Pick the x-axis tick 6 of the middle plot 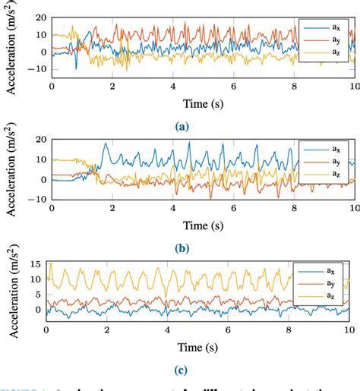233,208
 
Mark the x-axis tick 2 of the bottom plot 107,330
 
